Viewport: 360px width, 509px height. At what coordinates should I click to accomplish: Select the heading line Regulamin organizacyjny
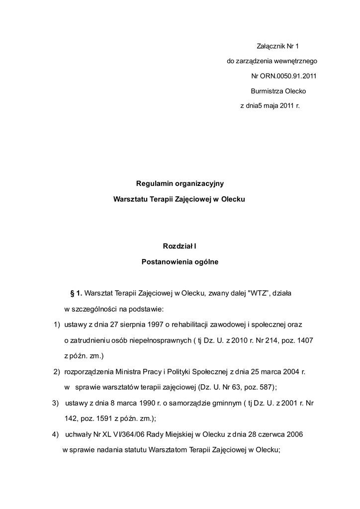180,183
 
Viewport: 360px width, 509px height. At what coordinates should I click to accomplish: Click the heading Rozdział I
180,246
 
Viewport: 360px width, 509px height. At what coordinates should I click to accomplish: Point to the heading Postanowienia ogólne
180,260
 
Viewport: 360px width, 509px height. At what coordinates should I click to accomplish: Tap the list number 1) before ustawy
57,325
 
